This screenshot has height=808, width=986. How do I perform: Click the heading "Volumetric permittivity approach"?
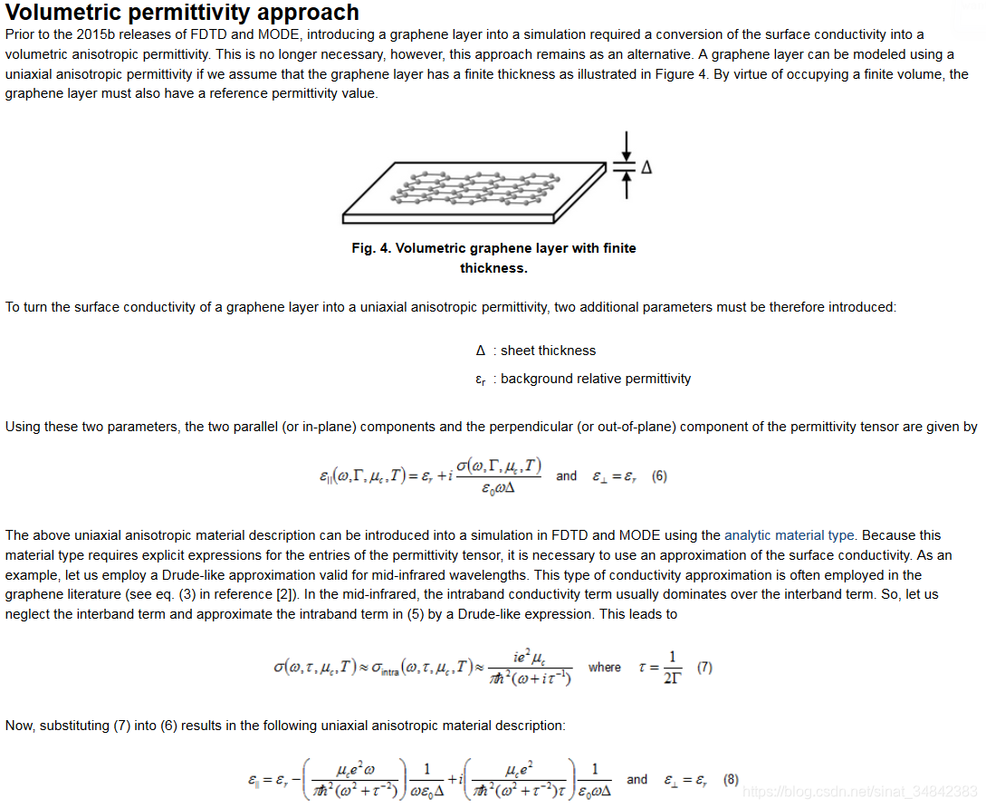tap(182, 13)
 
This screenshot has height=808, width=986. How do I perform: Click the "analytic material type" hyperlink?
tap(790, 535)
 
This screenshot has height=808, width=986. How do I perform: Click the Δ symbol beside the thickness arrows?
tap(646, 168)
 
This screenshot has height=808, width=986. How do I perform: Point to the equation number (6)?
tap(659, 476)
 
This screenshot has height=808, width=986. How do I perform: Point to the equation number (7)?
tap(704, 668)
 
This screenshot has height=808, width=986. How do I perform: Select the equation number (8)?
tap(731, 780)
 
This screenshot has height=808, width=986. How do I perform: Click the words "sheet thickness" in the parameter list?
tap(548, 351)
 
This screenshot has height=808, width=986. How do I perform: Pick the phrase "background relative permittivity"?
tap(595, 379)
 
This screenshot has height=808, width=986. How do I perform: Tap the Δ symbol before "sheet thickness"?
tap(481, 351)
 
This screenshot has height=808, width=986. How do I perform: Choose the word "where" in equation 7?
tap(604, 668)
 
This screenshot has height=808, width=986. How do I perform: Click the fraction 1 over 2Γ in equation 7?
tap(671, 667)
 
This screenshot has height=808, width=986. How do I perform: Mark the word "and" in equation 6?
tap(566, 476)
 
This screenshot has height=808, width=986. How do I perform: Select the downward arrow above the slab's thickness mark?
tap(626, 145)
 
